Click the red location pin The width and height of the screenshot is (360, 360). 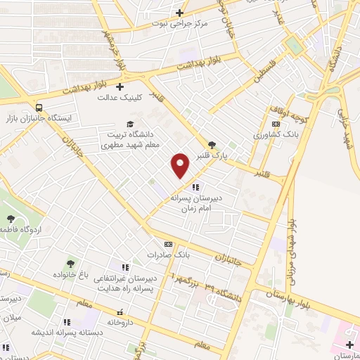coord(181,165)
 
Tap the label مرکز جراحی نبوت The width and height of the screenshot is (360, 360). coord(181,23)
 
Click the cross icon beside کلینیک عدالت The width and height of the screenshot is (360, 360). coord(120,87)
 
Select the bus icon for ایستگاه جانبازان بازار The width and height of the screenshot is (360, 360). coord(38,108)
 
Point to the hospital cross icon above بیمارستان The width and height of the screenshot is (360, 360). coord(350,343)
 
